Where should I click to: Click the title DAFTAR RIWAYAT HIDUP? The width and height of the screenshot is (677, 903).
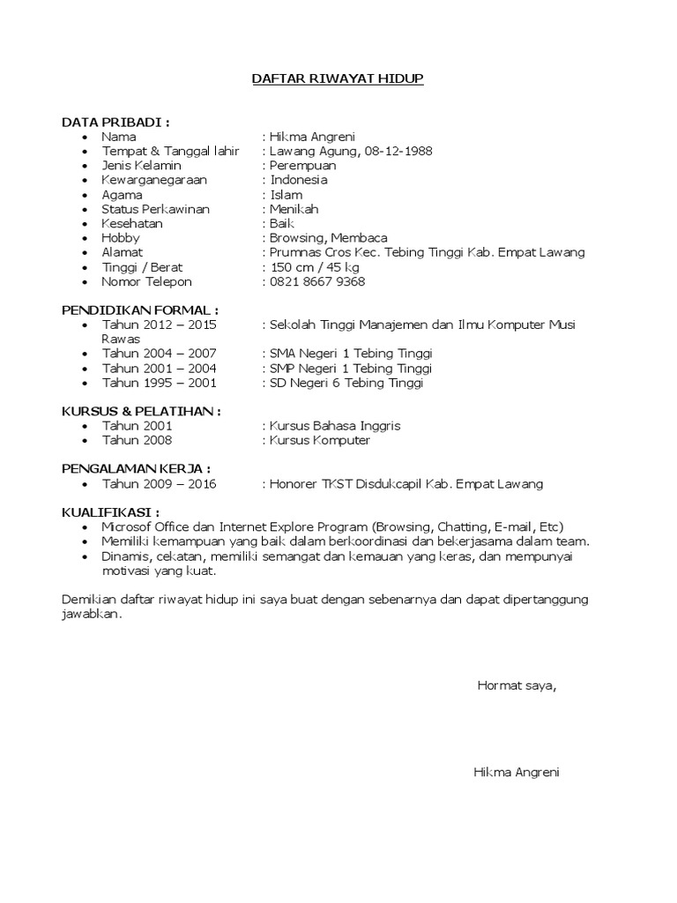pyautogui.click(x=338, y=79)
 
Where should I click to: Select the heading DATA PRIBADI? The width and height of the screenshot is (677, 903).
pyautogui.click(x=115, y=121)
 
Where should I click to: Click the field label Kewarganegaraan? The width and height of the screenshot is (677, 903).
pyautogui.click(x=154, y=180)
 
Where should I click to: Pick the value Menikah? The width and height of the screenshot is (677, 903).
pyautogui.click(x=294, y=209)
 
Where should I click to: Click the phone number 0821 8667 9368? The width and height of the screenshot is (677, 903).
pyautogui.click(x=317, y=282)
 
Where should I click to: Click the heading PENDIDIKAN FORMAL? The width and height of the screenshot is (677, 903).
pyautogui.click(x=139, y=310)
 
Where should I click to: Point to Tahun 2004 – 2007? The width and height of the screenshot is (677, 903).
pyautogui.click(x=159, y=354)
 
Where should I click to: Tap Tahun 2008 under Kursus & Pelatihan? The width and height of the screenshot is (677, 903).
pyautogui.click(x=137, y=440)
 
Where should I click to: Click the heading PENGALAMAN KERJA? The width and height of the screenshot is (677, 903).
pyautogui.click(x=136, y=469)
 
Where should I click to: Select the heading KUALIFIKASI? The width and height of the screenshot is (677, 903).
pyautogui.click(x=110, y=511)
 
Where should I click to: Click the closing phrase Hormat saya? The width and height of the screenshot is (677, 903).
pyautogui.click(x=517, y=685)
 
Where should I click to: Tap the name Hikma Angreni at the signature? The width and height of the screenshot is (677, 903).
pyautogui.click(x=517, y=772)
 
